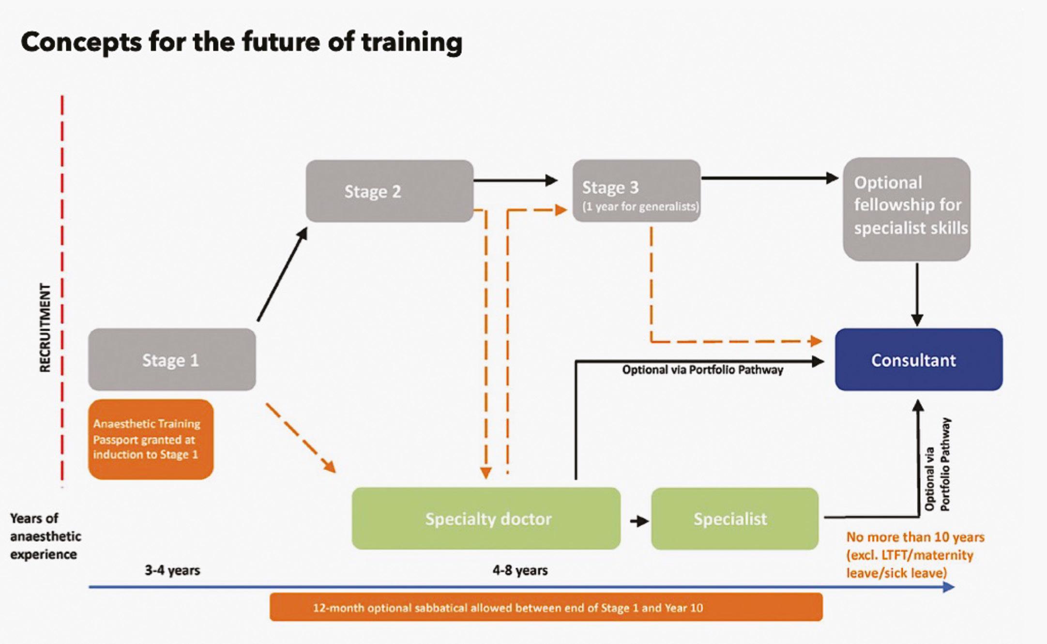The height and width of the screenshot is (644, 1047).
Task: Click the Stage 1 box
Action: (x=172, y=360)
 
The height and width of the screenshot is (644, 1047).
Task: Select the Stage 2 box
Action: (x=389, y=191)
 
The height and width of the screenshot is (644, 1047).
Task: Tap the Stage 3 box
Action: (x=636, y=191)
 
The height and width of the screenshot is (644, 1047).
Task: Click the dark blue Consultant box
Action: (x=918, y=360)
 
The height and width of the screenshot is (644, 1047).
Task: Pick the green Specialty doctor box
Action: (x=486, y=519)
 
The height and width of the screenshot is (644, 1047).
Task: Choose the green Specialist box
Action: (x=734, y=519)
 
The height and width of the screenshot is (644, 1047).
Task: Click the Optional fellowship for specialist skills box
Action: (x=906, y=209)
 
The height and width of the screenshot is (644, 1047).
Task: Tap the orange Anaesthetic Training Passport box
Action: (x=151, y=439)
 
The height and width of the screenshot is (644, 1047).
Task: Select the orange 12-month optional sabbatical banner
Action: (x=546, y=607)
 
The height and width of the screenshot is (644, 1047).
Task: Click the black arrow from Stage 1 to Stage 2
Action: (x=282, y=275)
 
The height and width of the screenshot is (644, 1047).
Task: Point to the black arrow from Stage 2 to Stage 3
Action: (x=515, y=181)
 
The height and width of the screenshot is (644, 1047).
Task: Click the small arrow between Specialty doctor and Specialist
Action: (x=639, y=521)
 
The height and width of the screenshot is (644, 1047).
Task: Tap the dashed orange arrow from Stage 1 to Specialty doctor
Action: (x=300, y=438)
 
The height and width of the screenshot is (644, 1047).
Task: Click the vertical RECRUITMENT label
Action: (x=45, y=328)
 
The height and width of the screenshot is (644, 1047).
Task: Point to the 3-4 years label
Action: (x=172, y=570)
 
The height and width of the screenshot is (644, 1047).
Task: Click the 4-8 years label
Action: (x=520, y=570)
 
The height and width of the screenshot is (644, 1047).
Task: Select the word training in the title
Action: (x=411, y=42)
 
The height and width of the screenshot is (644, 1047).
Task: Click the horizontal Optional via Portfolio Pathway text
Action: (x=702, y=370)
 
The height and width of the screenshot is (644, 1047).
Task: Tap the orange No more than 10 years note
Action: (x=915, y=555)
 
